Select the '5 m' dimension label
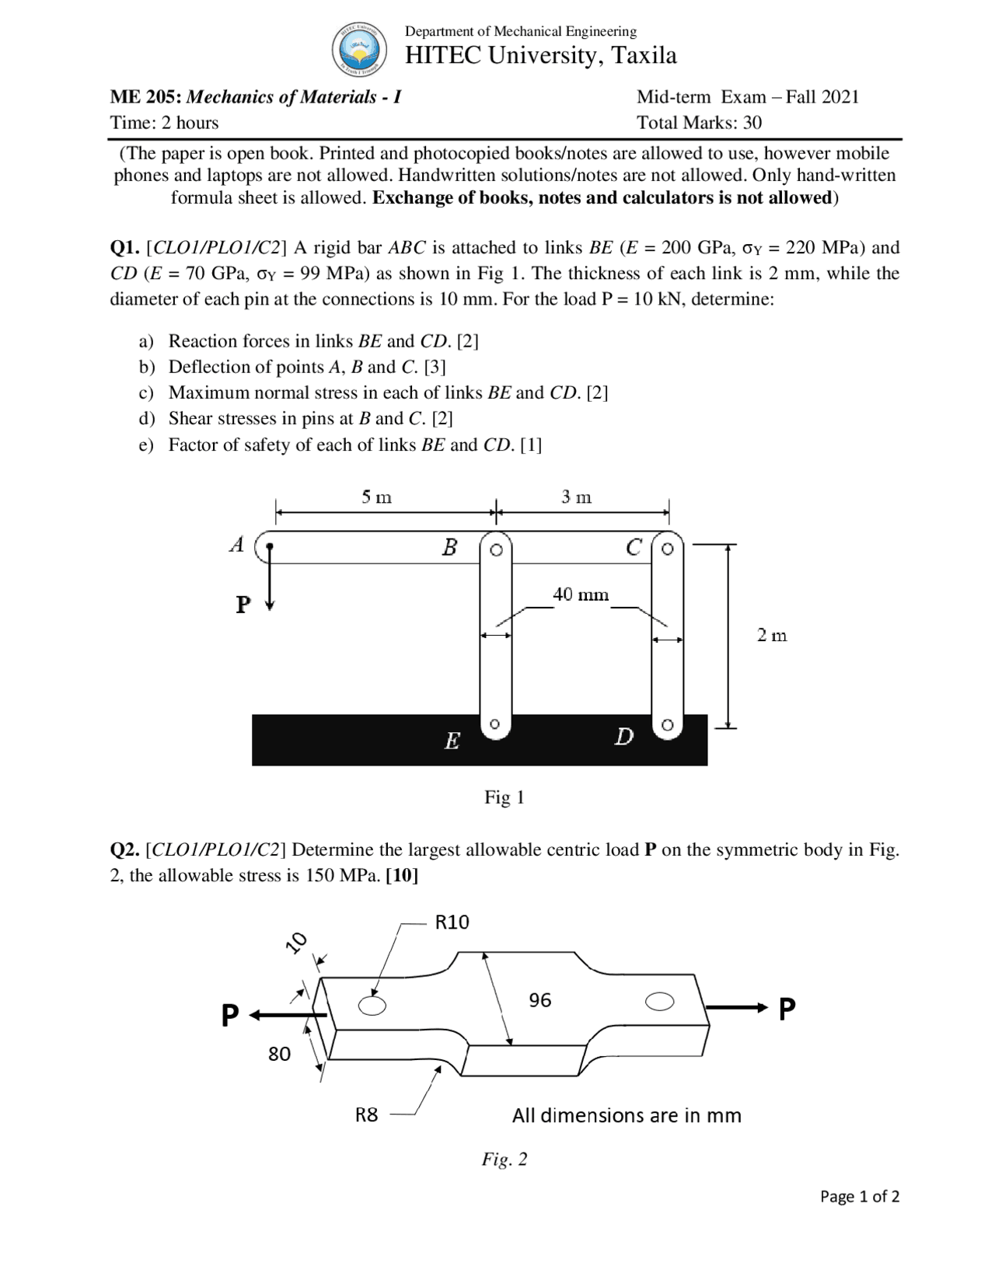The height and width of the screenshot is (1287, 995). [x=376, y=497]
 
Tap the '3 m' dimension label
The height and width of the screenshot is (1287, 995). [x=576, y=497]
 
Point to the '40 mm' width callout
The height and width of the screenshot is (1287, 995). [x=581, y=595]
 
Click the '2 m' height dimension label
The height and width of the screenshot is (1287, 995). [x=772, y=636]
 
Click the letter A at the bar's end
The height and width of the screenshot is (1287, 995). [x=237, y=545]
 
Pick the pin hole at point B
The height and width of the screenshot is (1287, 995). [x=496, y=549]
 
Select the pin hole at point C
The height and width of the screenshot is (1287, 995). [x=667, y=549]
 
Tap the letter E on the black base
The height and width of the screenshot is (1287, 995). [x=452, y=741]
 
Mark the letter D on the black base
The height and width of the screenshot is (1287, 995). [x=623, y=736]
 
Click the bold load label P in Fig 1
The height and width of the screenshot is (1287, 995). [x=243, y=604]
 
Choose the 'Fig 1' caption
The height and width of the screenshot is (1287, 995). [x=504, y=797]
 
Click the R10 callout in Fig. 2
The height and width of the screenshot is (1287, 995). [x=452, y=923]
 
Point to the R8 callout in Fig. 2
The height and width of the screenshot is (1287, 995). [x=366, y=1115]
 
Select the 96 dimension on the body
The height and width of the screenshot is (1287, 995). [x=539, y=1000]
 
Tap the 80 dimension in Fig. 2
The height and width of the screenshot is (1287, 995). [x=279, y=1054]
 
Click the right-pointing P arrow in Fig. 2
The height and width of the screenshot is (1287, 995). [x=738, y=1008]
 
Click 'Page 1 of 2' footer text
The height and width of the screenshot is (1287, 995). [x=860, y=1196]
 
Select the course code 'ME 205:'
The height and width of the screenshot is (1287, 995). [x=145, y=97]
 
